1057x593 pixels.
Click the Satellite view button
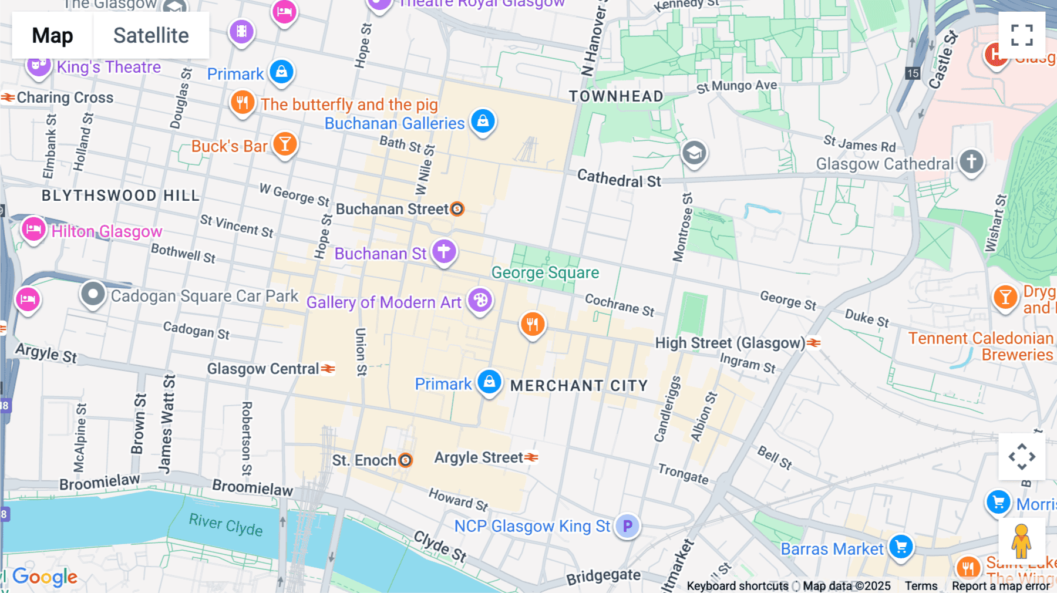pyautogui.click(x=151, y=35)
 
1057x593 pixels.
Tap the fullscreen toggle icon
pyautogui.click(x=1022, y=35)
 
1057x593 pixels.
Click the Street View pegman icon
pyautogui.click(x=1021, y=541)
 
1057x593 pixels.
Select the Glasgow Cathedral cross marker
pyautogui.click(x=971, y=161)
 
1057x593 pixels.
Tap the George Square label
pyautogui.click(x=545, y=272)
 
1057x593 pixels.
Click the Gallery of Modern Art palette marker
pyautogui.click(x=480, y=300)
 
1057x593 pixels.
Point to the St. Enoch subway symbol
pyautogui.click(x=405, y=460)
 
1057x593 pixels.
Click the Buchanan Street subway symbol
pyautogui.click(x=457, y=209)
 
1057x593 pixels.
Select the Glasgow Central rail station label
pyautogui.click(x=262, y=369)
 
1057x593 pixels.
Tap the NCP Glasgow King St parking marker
pyautogui.click(x=627, y=525)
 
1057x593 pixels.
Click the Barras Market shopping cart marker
pyautogui.click(x=900, y=547)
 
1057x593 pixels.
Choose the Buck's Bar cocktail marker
pyautogui.click(x=285, y=144)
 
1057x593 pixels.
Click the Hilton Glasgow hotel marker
pyautogui.click(x=33, y=229)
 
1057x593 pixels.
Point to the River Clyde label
pyautogui.click(x=225, y=524)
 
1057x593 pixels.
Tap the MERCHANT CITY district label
pyautogui.click(x=578, y=386)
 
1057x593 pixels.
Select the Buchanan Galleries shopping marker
pyautogui.click(x=483, y=122)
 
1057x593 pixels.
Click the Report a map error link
pyautogui.click(x=1001, y=586)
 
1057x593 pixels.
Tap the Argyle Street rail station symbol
pyautogui.click(x=531, y=457)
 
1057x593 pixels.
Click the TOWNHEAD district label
pyautogui.click(x=615, y=96)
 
